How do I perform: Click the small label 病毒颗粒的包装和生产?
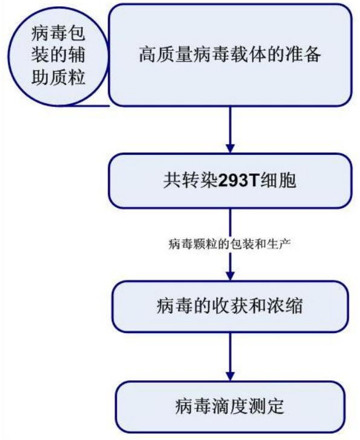(230, 244)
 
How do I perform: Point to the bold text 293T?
(238, 180)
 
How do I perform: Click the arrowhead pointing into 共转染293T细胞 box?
(230, 149)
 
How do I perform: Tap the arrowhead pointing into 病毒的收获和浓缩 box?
(230, 276)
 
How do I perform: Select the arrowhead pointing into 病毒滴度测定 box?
(230, 377)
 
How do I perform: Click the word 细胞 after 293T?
(278, 180)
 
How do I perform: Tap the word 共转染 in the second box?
(190, 180)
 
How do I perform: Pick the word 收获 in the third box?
(230, 306)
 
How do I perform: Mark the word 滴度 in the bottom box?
(230, 406)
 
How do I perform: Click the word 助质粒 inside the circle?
(59, 77)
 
